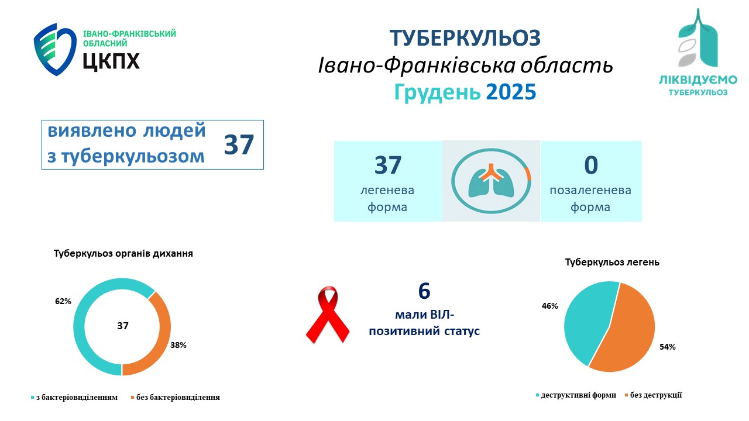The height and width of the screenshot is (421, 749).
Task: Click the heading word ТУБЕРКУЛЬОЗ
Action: [x=465, y=38]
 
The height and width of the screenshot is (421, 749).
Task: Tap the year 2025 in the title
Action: [x=511, y=92]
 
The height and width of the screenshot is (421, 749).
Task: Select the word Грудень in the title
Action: [x=437, y=93]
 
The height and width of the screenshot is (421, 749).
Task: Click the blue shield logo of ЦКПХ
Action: [x=55, y=50]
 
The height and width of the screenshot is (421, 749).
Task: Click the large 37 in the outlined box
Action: [x=239, y=144]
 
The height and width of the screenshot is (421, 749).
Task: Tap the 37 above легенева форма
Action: [x=388, y=165]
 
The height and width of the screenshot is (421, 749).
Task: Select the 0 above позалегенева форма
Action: [x=591, y=165]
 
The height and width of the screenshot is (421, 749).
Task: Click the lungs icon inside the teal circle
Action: [x=491, y=181]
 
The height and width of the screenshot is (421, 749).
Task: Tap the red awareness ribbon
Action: [x=328, y=315]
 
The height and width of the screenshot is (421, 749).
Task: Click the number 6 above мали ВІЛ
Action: [x=424, y=291]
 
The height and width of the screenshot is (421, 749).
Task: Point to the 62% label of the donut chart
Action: [x=63, y=301]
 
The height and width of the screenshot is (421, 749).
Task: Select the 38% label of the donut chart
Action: [x=178, y=345]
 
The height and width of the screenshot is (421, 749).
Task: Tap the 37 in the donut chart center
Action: [x=123, y=326]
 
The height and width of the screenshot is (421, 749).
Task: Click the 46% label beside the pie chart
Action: [x=549, y=306]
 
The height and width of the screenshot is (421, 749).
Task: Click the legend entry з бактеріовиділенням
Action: [x=74, y=397]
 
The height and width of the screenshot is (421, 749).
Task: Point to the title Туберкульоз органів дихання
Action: [x=123, y=254]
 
